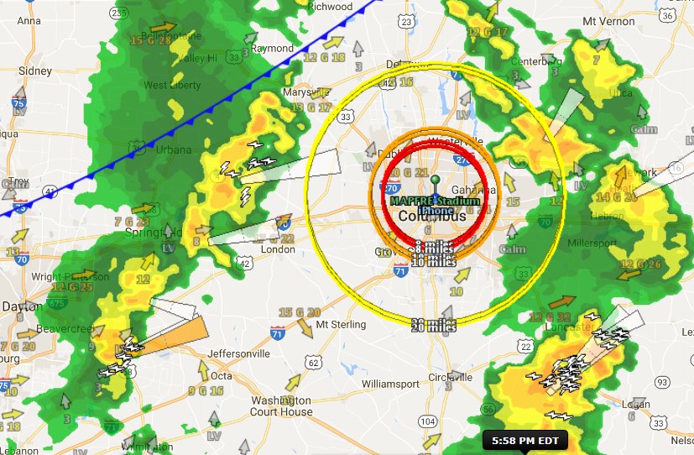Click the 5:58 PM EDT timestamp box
tap(526, 440)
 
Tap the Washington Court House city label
tap(282, 405)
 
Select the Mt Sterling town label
tap(341, 325)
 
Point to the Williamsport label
tap(390, 383)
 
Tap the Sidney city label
tap(34, 71)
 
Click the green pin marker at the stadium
tap(435, 180)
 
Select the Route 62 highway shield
tap(314, 363)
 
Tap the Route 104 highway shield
tap(428, 421)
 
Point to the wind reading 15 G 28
tap(151, 39)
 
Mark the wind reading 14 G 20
tap(614, 197)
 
